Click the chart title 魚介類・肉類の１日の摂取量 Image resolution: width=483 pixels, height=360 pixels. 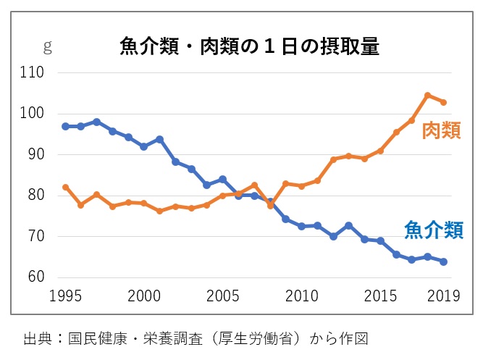[x=250, y=47]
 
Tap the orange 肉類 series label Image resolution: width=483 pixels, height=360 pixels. [x=442, y=131]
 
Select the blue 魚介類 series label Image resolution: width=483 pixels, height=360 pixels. [x=433, y=231]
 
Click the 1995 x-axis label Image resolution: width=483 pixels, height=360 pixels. [x=66, y=296]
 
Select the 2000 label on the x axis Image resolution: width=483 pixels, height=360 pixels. [x=144, y=296]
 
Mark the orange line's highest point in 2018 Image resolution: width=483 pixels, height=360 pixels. [x=428, y=96]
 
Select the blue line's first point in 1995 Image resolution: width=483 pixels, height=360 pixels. [x=66, y=126]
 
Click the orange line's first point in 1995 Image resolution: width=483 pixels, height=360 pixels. [x=66, y=187]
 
